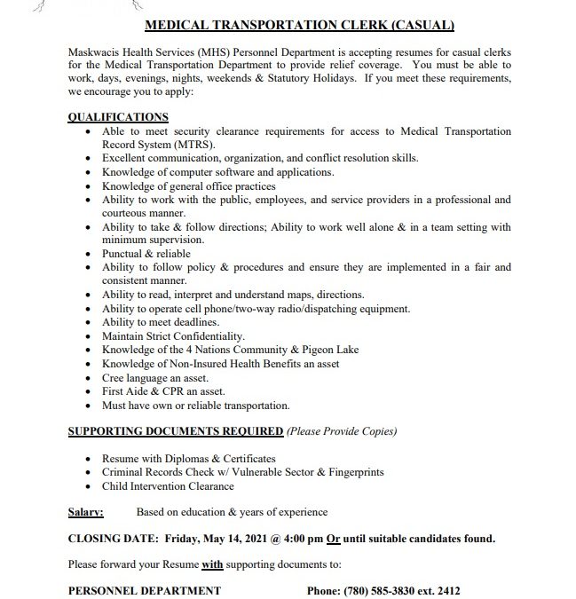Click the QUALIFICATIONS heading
tap(118, 117)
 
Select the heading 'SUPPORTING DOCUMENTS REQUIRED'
tap(176, 431)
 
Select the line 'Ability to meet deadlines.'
tap(161, 322)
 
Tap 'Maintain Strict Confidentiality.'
tap(173, 336)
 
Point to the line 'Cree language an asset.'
tap(155, 377)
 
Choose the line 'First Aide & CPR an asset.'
tap(163, 391)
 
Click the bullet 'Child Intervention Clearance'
tap(169, 485)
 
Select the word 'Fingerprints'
tap(352, 472)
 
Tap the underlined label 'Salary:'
tap(86, 512)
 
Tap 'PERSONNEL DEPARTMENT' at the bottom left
tap(145, 590)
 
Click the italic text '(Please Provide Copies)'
tap(342, 431)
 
